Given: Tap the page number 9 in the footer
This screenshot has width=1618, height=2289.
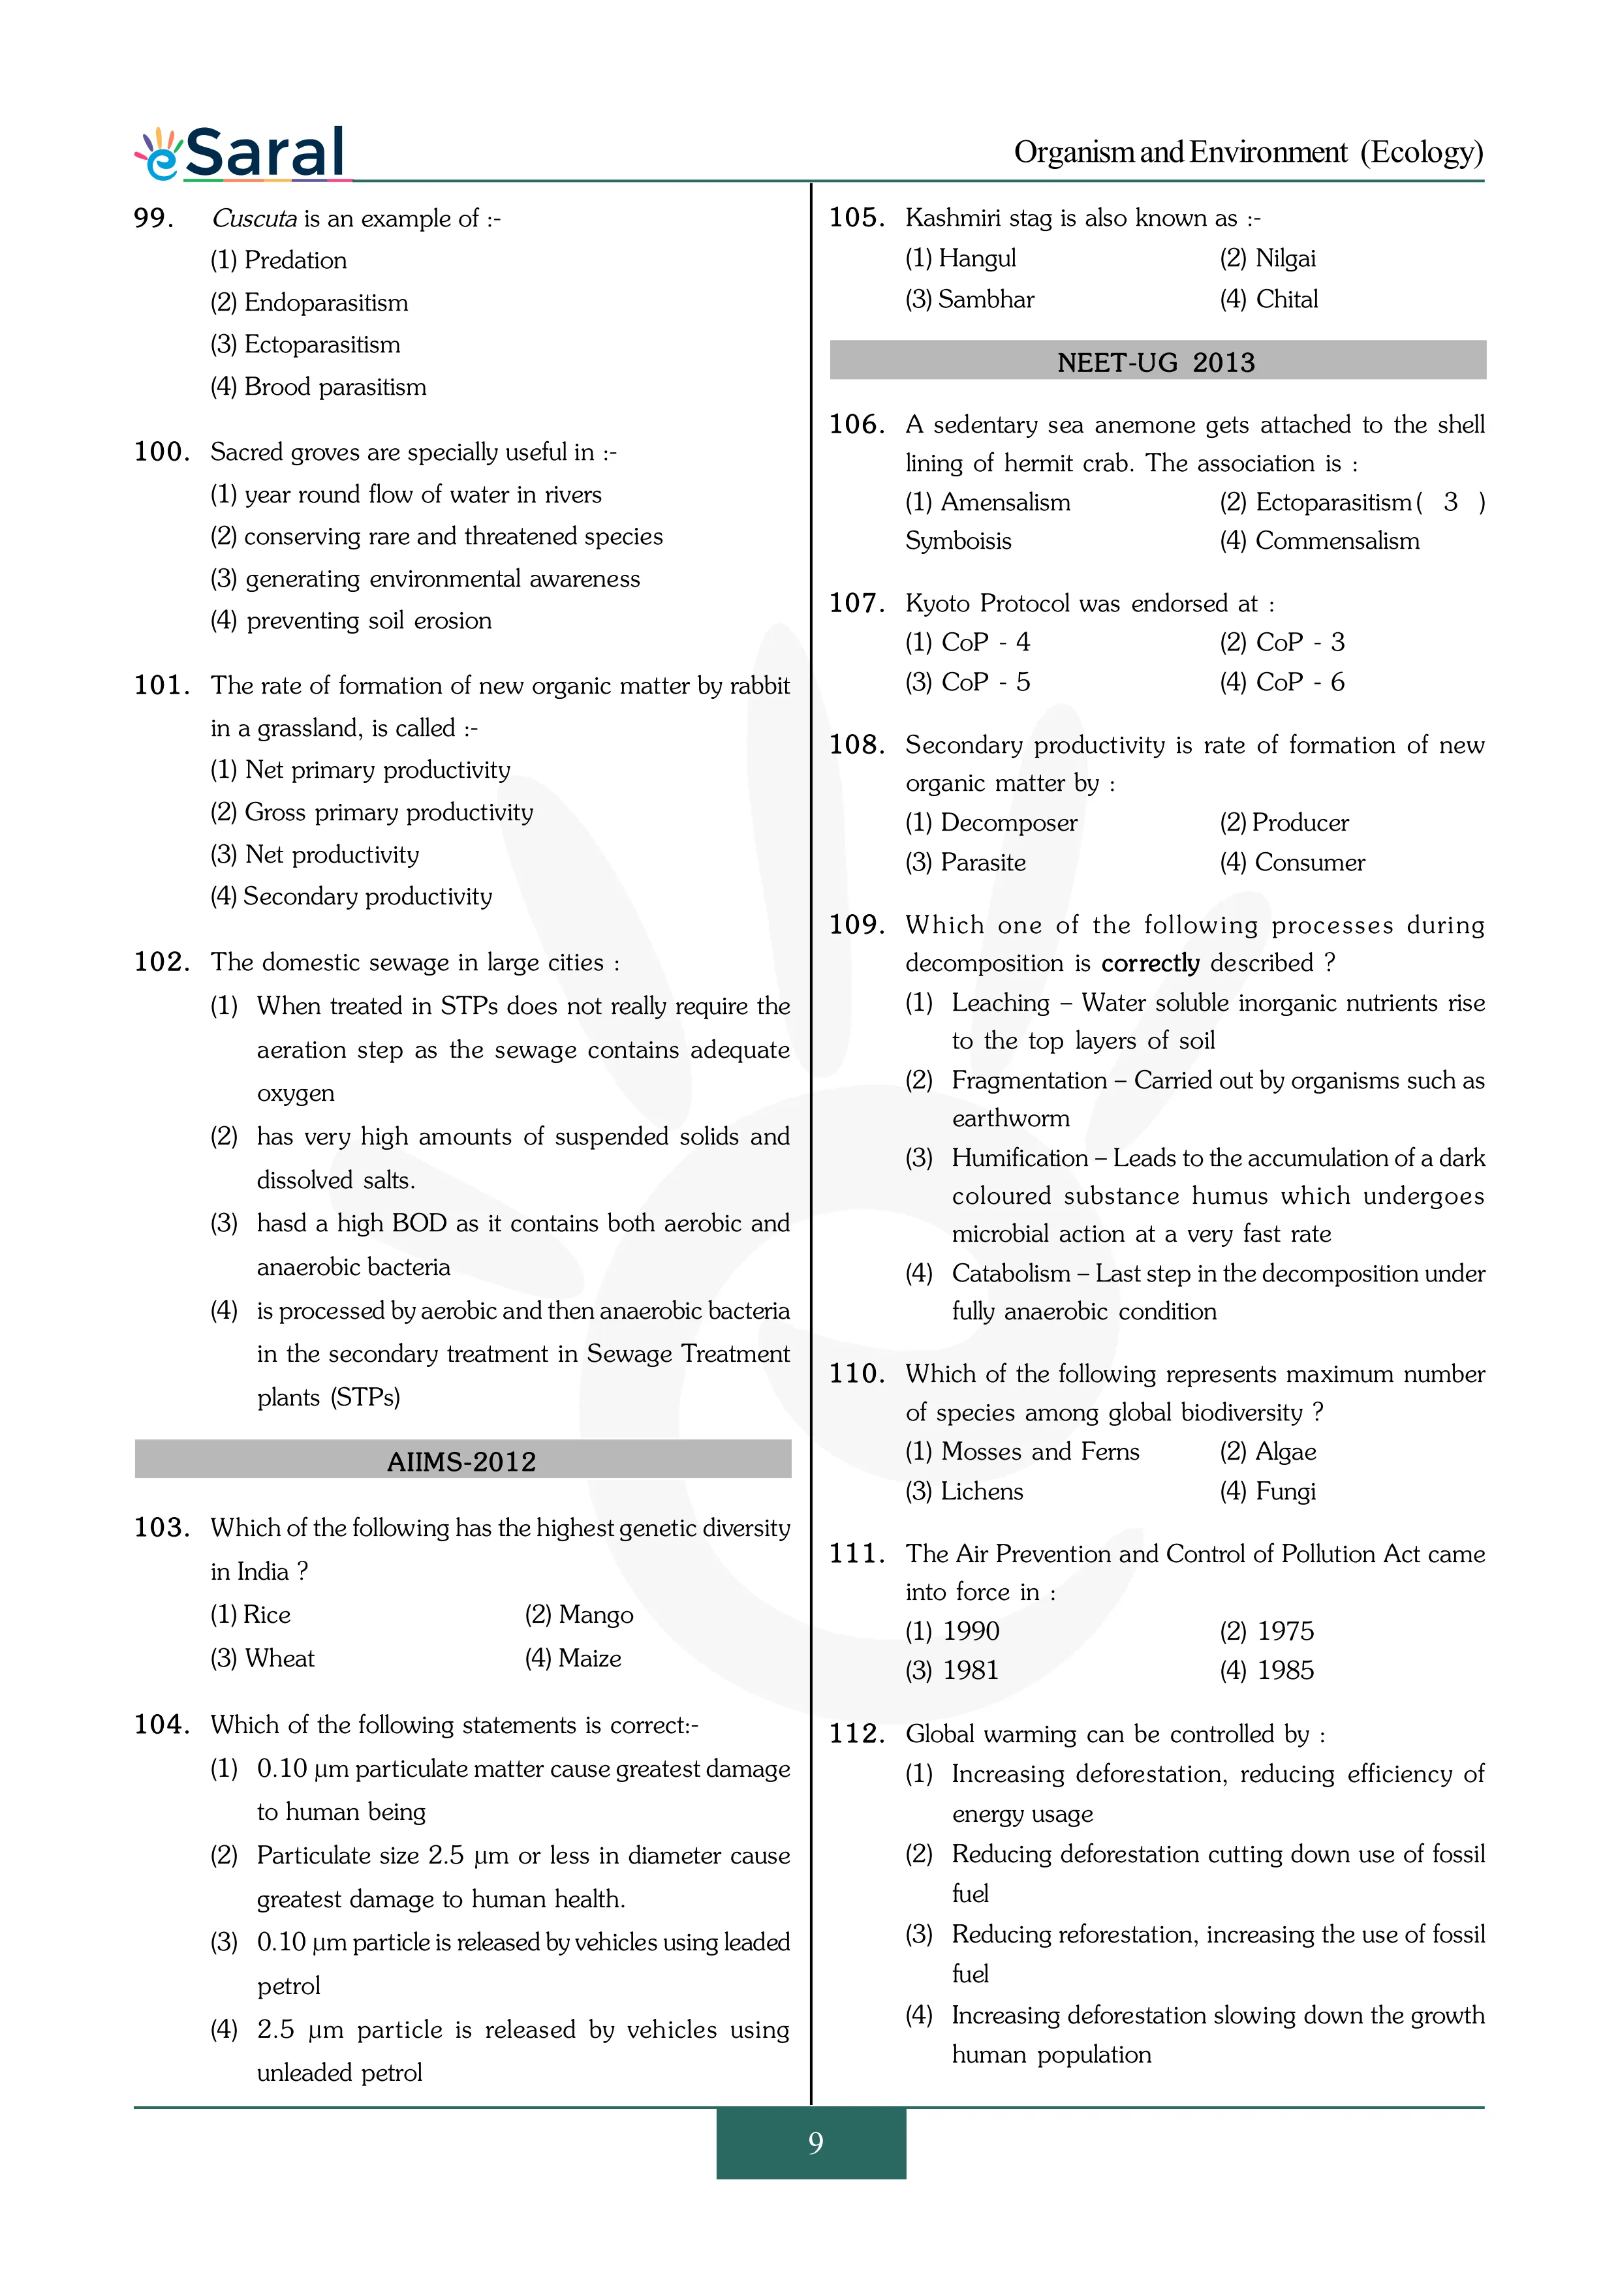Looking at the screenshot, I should pyautogui.click(x=815, y=2142).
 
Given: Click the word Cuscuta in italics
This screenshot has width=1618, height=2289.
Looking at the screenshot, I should pyautogui.click(x=254, y=219).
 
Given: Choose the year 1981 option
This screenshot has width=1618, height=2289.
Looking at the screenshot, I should pyautogui.click(x=952, y=1670).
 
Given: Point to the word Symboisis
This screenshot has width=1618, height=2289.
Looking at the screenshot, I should pyautogui.click(x=958, y=542).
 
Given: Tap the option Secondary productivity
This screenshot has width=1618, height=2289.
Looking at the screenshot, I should pyautogui.click(x=351, y=897).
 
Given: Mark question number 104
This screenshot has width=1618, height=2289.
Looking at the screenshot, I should pyautogui.click(x=161, y=1725).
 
